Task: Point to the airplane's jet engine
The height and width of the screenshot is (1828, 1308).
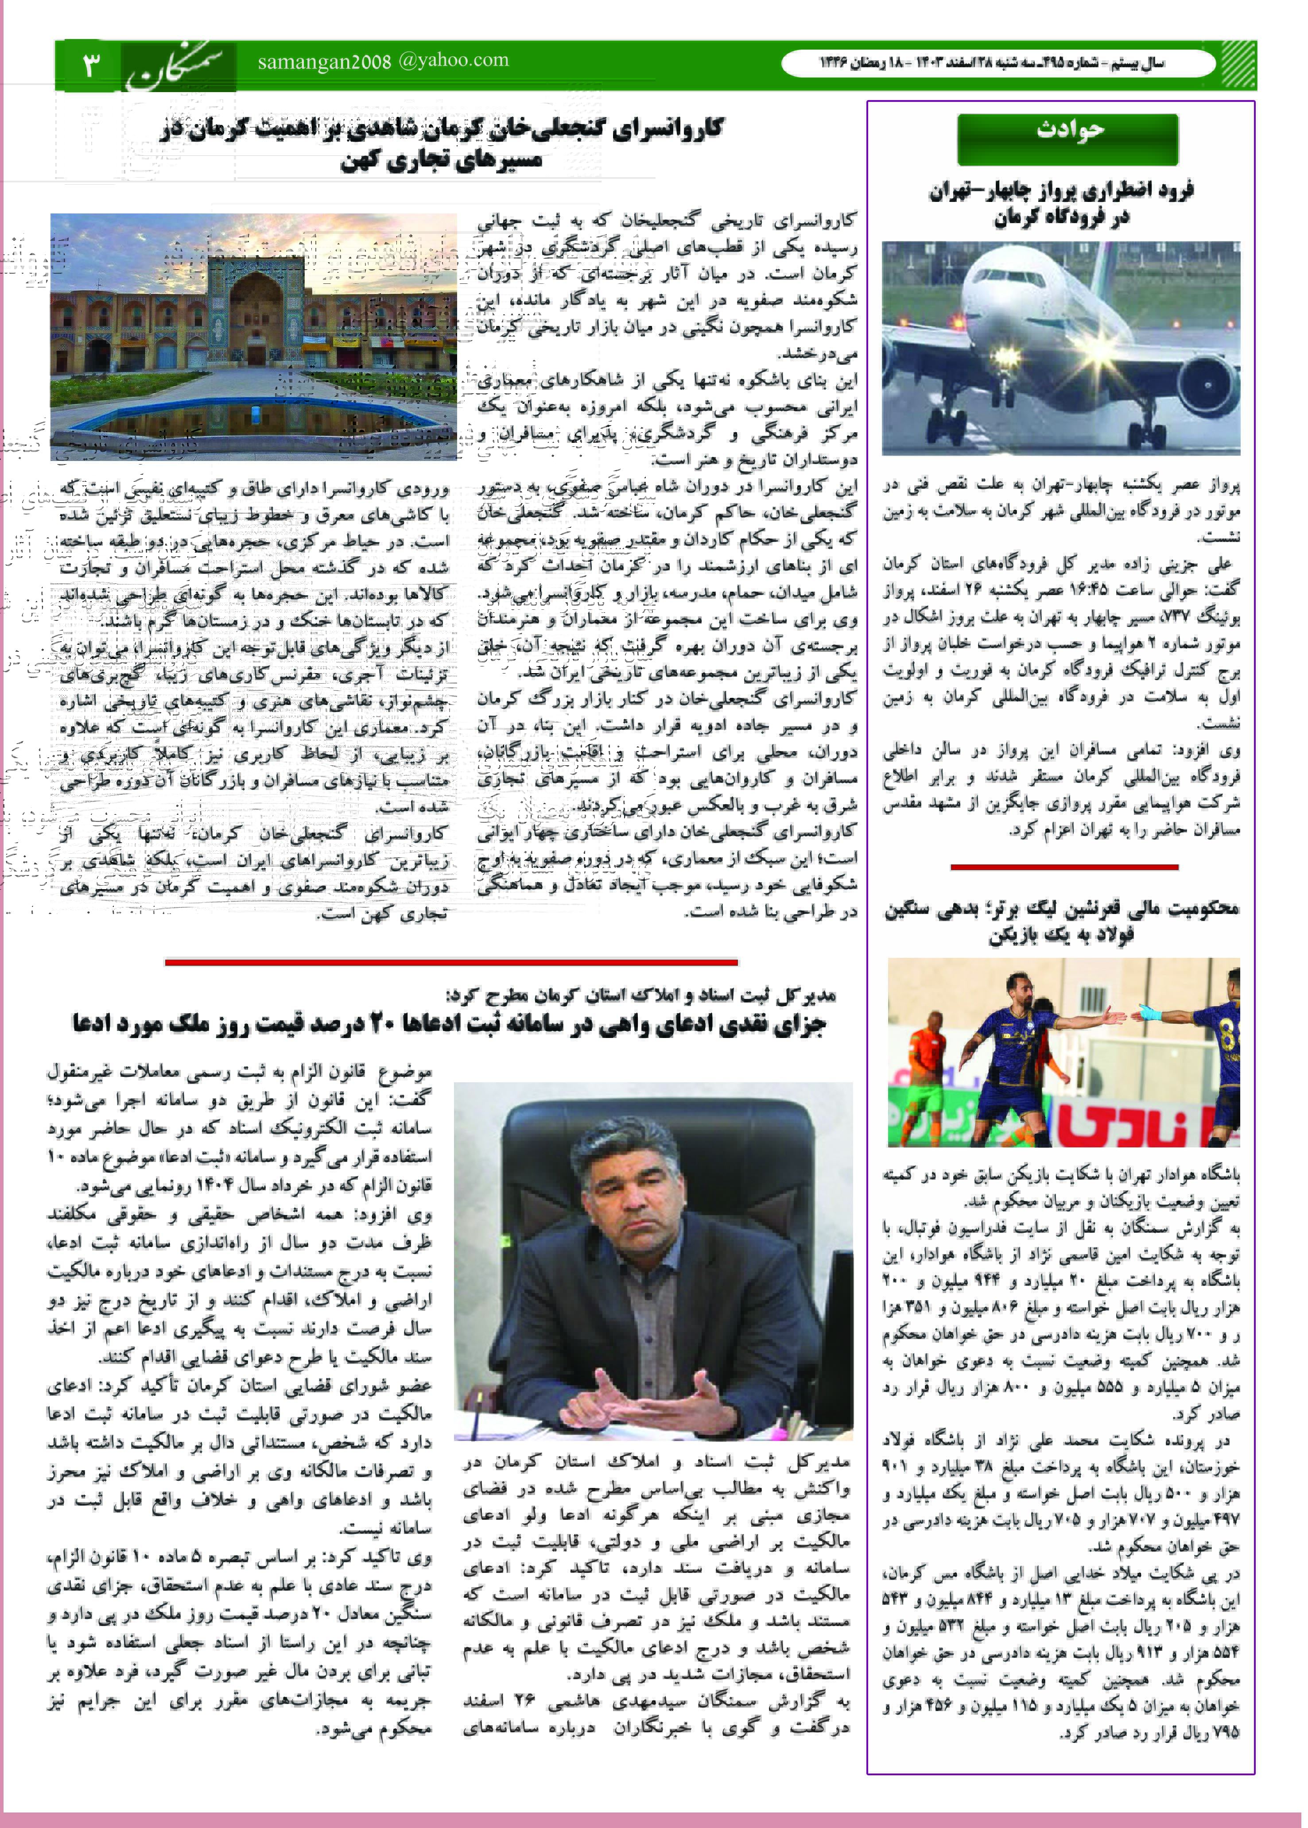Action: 1207,385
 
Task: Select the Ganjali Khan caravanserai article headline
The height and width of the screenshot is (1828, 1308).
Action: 441,143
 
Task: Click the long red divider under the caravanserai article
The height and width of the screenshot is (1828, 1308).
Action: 451,961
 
